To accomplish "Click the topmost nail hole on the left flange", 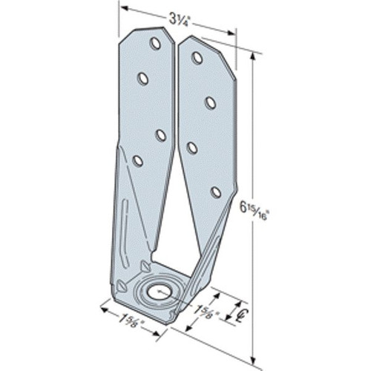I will pyautogui.click(x=155, y=43).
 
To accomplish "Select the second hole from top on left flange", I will pyautogui.click(x=143, y=78).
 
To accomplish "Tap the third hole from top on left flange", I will pyautogui.click(x=161, y=134).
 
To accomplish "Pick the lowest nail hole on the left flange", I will pyautogui.click(x=137, y=160).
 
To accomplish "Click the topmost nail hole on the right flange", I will pyautogui.click(x=197, y=58).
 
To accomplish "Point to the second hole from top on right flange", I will pyautogui.click(x=210, y=102).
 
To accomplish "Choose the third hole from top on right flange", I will pyautogui.click(x=192, y=148).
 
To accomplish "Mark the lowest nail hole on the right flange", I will pyautogui.click(x=215, y=192).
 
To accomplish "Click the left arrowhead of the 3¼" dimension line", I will pyautogui.click(x=124, y=9).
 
